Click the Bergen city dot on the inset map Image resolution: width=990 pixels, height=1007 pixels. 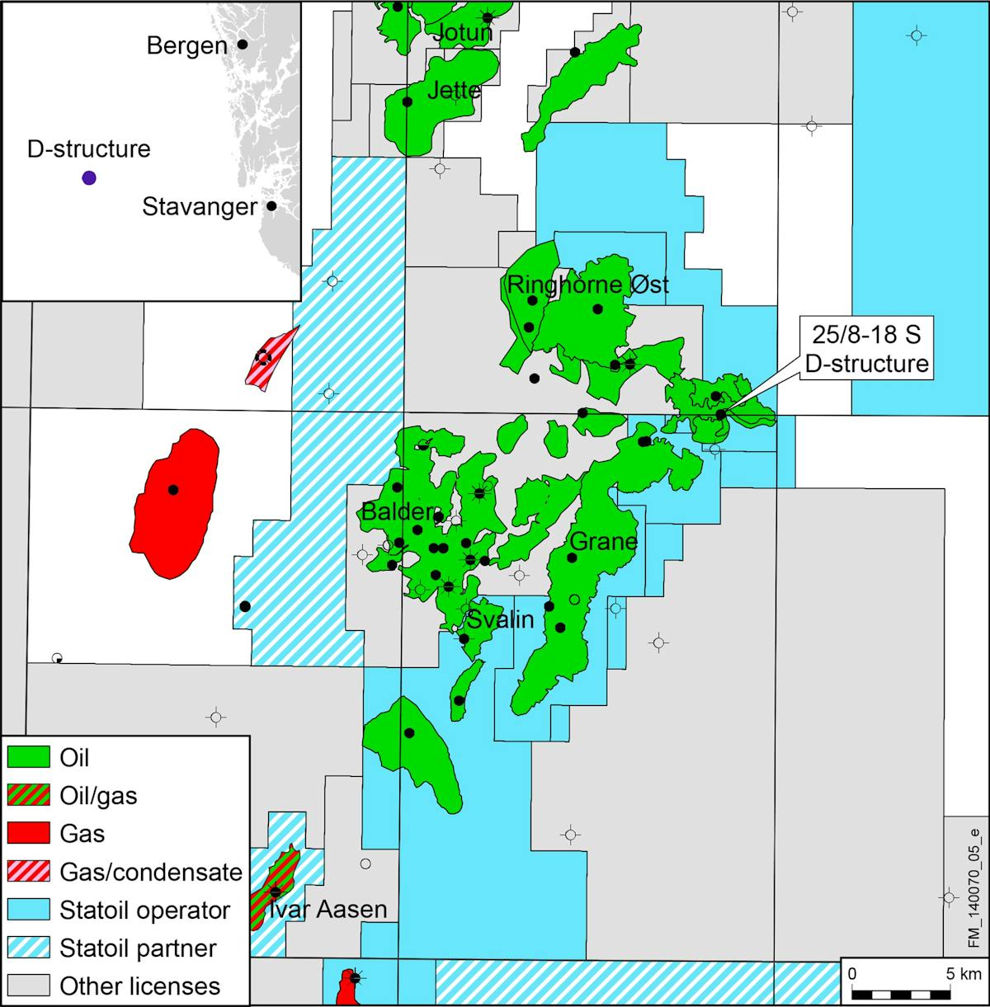point(243,44)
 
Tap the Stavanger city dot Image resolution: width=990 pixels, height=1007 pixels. point(271,205)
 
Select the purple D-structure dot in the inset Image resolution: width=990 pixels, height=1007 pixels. point(89,177)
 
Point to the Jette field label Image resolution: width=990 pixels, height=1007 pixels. point(454,90)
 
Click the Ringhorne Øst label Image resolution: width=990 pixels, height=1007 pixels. point(587,285)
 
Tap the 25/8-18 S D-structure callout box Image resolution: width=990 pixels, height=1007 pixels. point(867,351)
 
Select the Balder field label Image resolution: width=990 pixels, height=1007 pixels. point(396,512)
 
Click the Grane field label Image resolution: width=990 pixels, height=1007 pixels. point(604,542)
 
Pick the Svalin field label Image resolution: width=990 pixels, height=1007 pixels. point(501,619)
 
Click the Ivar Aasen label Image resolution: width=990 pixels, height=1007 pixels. point(328,910)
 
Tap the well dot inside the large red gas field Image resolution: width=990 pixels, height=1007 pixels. point(173,489)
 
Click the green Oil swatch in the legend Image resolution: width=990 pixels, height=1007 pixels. point(29,756)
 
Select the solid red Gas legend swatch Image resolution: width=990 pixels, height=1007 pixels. point(29,833)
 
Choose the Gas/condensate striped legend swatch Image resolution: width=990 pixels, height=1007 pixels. point(29,872)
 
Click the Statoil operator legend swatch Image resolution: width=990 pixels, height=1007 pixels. point(29,910)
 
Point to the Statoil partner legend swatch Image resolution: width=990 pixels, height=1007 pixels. point(29,948)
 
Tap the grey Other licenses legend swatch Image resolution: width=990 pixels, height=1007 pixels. point(29,986)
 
